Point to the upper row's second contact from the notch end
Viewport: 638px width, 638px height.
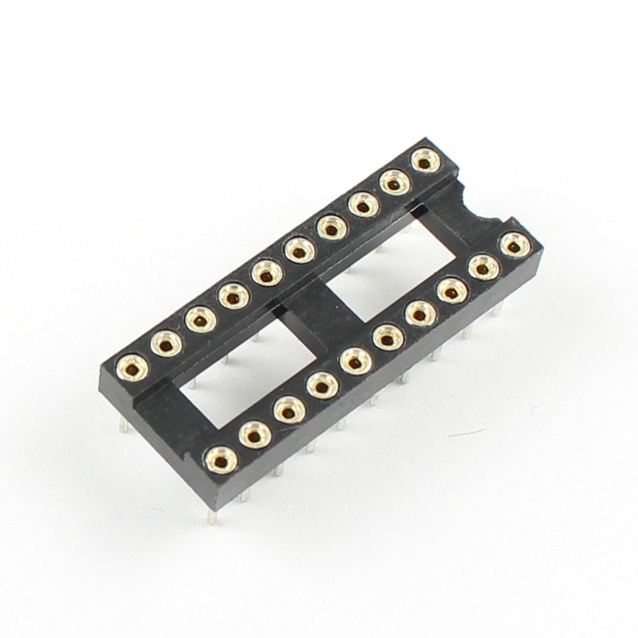pyautogui.click(x=394, y=184)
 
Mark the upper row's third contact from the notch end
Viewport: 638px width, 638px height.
pyautogui.click(x=362, y=206)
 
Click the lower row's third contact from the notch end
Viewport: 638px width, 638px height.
pyautogui.click(x=450, y=291)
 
